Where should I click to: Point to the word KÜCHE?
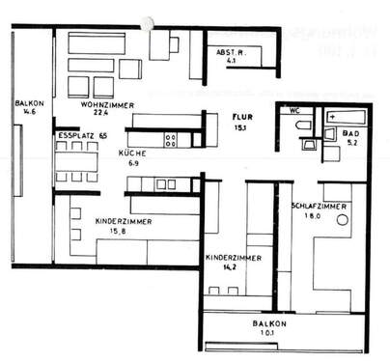pos(133,153)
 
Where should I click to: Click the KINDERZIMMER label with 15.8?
pos(122,221)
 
